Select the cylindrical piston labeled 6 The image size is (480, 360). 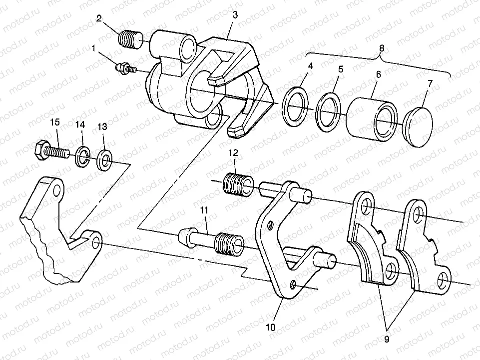pyautogui.click(x=372, y=118)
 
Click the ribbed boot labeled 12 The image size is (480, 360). pyautogui.click(x=239, y=184)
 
